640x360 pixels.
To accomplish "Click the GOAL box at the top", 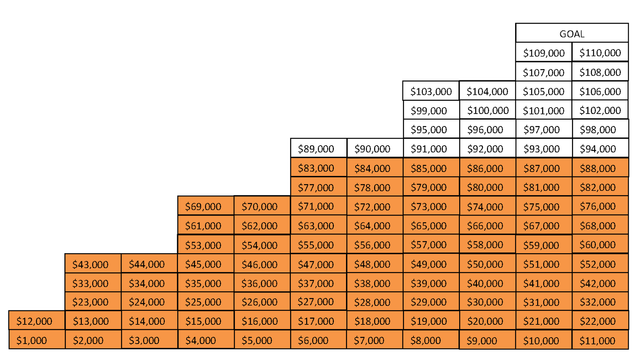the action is pos(572,33).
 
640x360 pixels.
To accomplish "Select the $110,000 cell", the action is pos(600,52).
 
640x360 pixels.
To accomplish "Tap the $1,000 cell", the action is pos(37,340).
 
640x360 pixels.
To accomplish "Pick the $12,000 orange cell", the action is pos(37,320).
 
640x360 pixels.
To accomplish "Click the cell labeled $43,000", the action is pos(93,264).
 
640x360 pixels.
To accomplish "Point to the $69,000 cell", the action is pos(206,206).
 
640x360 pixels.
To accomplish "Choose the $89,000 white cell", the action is pos(318,148).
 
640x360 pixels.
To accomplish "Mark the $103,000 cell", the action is pos(431,90).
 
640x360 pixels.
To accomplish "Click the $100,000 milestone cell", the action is pos(488,110).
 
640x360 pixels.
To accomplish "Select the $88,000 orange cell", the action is pos(600,167).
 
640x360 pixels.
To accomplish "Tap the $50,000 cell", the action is pos(488,264).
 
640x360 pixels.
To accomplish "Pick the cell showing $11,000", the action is pos(600,340).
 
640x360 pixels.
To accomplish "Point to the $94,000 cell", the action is pos(600,148).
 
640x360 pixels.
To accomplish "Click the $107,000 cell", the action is pos(544,72).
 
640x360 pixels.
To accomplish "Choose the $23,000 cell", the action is pos(93,301).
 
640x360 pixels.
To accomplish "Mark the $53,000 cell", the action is pos(206,244).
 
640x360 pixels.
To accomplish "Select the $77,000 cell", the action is pos(318,186).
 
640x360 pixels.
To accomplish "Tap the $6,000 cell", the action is pos(318,340).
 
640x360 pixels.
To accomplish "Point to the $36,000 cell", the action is pos(262,282).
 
